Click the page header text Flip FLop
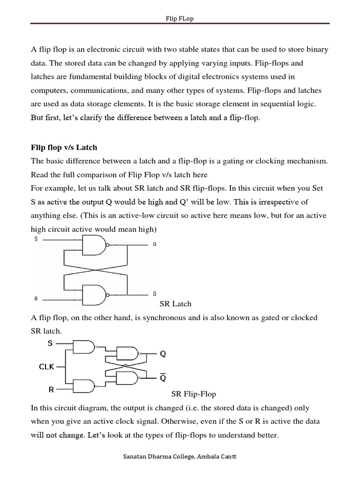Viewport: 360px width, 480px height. (180, 18)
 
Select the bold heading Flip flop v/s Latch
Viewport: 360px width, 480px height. (64, 148)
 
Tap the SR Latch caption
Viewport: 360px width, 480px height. (176, 304)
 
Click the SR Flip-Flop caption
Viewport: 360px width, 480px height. (194, 394)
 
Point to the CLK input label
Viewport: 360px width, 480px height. (47, 367)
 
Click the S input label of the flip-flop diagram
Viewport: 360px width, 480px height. (50, 344)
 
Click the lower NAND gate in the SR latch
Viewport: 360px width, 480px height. (95, 295)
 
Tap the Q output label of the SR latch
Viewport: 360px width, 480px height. (155, 245)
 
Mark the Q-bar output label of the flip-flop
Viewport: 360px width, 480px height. (163, 378)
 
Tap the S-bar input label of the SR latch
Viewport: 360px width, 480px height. (37, 239)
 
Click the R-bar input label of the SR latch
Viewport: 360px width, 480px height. (37, 298)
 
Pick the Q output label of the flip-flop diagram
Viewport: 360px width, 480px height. (163, 354)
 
